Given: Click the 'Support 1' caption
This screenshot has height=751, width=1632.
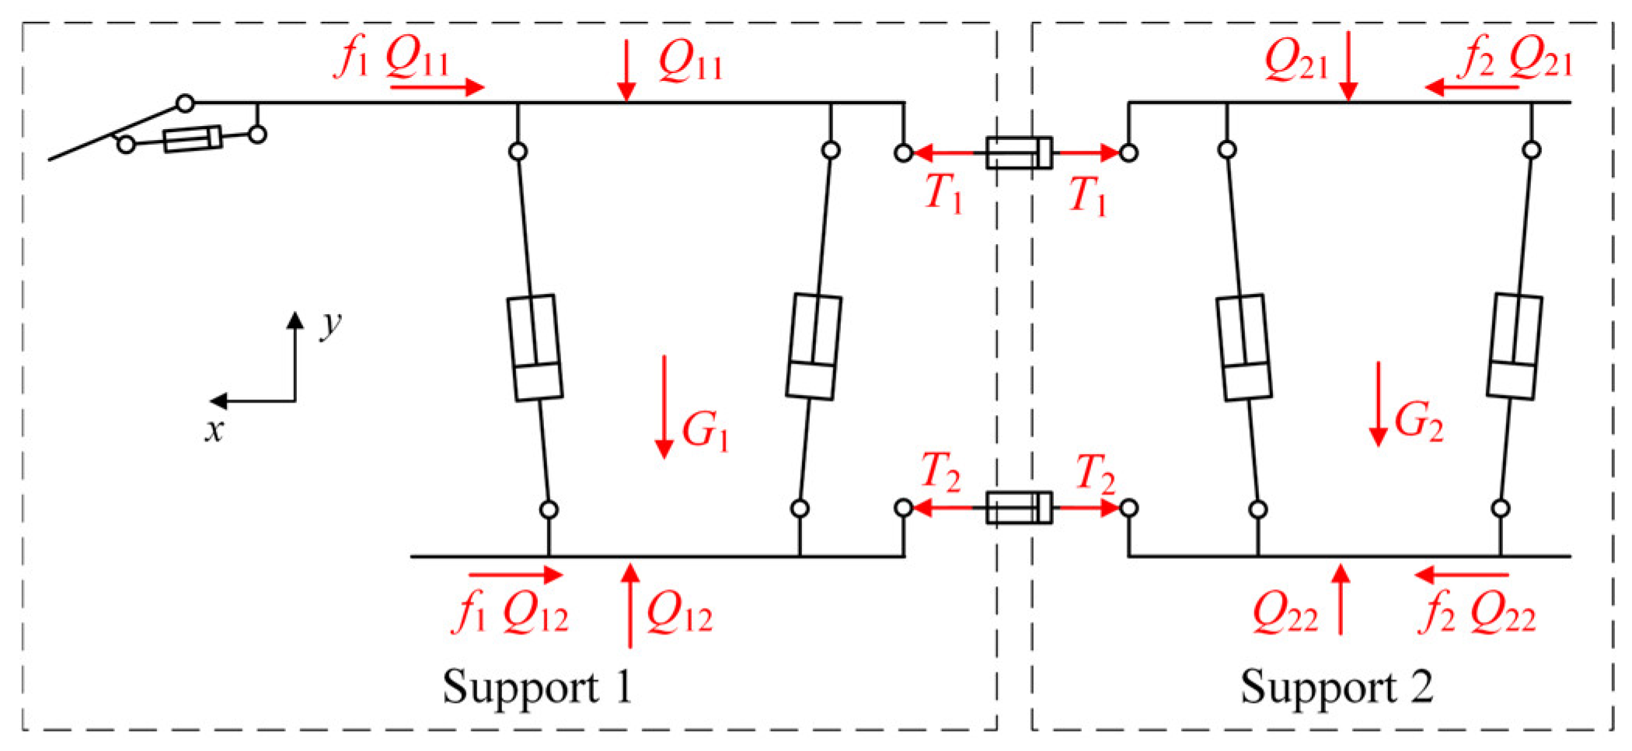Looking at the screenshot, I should click(538, 687).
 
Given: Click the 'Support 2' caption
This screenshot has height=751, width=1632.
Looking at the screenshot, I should click(1336, 687).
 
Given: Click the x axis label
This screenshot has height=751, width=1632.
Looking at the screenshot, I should click(214, 430).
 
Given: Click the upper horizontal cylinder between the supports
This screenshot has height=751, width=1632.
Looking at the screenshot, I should click(1019, 152).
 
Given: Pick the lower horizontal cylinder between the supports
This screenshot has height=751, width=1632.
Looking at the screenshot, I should click(1019, 508).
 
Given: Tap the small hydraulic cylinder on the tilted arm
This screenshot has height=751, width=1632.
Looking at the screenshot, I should click(193, 139).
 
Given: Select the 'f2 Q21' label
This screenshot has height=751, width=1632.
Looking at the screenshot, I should click(1515, 60).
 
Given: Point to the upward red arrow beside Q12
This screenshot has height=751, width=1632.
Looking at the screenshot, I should click(630, 606).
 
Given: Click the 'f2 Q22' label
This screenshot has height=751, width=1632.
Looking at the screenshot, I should click(1480, 619).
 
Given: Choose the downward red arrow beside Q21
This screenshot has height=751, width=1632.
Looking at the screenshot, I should click(1348, 65).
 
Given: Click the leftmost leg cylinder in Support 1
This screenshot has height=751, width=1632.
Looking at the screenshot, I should click(535, 347).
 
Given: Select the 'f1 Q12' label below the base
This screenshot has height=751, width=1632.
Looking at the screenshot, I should click(510, 619).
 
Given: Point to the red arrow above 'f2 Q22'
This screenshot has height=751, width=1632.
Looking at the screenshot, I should click(1462, 576).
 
